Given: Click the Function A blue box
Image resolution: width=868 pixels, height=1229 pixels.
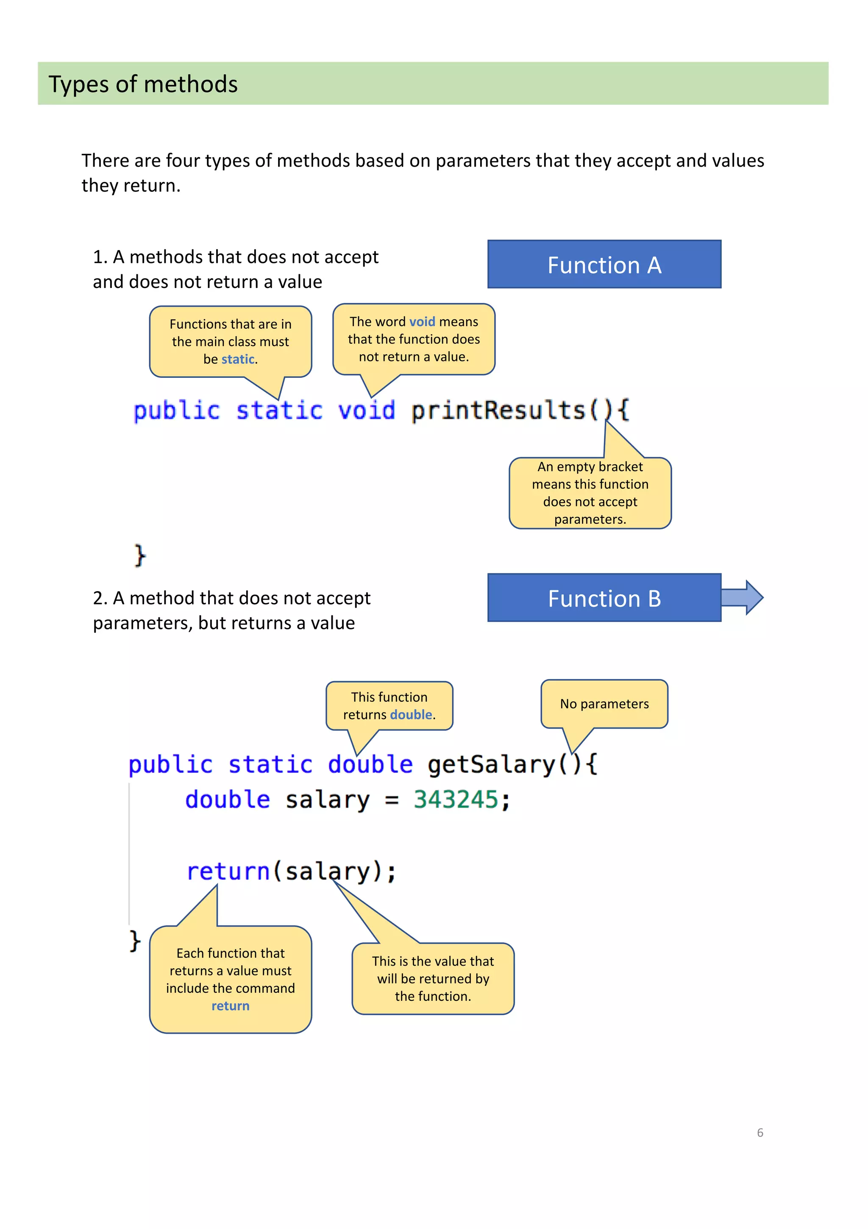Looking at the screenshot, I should (x=604, y=265).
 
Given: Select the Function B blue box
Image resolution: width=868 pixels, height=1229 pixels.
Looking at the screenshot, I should (x=604, y=598).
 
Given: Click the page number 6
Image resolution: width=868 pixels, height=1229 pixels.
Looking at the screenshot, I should (x=759, y=1132).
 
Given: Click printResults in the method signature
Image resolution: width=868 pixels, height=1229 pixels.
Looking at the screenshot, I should (x=498, y=411).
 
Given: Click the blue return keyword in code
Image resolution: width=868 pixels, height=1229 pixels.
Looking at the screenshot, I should (x=228, y=871).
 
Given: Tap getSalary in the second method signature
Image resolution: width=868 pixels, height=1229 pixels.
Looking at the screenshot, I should (x=491, y=764).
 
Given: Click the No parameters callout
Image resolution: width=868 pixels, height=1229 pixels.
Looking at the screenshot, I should (x=604, y=704).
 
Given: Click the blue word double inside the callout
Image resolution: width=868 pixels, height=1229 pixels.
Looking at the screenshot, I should (x=411, y=715).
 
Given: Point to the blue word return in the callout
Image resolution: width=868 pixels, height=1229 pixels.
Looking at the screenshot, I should (x=230, y=1006).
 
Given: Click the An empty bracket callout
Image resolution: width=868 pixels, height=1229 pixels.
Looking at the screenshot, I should (x=590, y=493).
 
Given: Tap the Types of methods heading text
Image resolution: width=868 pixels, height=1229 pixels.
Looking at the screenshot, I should (x=143, y=84).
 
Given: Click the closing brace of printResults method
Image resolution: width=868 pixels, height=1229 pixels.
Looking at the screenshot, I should (x=139, y=555).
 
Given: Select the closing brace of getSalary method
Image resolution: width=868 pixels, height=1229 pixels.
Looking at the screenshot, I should (x=135, y=941).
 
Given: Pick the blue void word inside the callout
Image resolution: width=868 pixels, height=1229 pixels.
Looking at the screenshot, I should (x=422, y=322).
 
